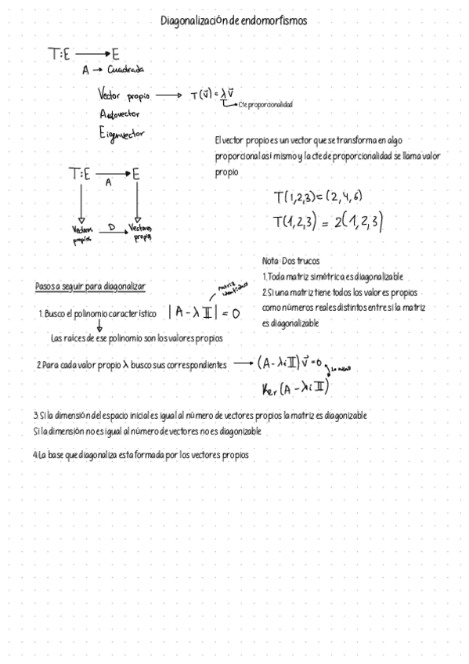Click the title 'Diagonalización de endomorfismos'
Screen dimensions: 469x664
point(233,21)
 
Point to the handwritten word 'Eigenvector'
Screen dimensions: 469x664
point(122,135)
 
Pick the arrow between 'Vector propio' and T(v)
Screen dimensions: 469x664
point(168,95)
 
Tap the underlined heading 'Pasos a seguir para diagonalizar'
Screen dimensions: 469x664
point(90,287)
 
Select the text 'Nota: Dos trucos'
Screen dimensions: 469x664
point(290,261)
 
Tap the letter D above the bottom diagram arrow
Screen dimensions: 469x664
point(111,226)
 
